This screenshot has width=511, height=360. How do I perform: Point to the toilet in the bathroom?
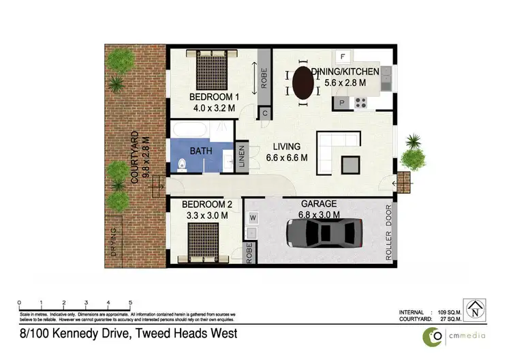[x=182, y=164]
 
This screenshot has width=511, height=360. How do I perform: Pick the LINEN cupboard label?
[x=241, y=156]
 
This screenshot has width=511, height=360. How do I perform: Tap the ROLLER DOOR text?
[x=389, y=233]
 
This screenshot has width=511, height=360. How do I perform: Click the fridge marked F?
[x=343, y=57]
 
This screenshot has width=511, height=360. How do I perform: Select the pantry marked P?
[x=343, y=103]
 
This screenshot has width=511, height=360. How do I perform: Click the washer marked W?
[x=252, y=218]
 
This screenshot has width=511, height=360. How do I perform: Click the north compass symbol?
[x=471, y=308]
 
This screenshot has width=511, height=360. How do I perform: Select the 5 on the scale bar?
[x=130, y=302]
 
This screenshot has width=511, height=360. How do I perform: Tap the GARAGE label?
[x=317, y=205]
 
